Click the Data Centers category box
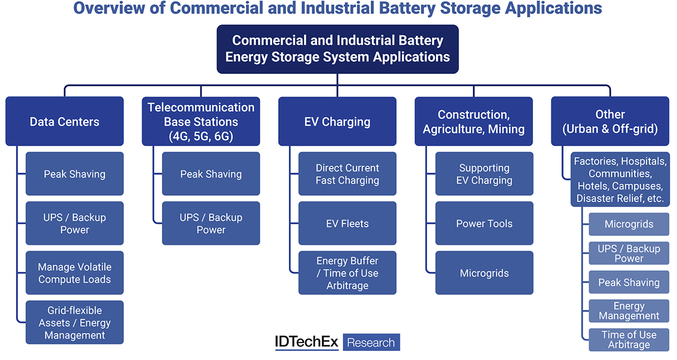[x=64, y=121]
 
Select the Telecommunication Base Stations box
[x=201, y=121]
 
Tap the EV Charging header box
[x=337, y=121]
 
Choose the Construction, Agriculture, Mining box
[x=474, y=121]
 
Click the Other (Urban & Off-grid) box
[x=610, y=121]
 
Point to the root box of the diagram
[x=337, y=49]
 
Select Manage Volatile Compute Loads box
[x=74, y=273]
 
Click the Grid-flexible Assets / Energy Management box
[x=74, y=323]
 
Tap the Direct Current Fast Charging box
[x=348, y=174]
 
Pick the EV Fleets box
[x=348, y=223]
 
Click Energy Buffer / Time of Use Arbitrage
[x=348, y=273]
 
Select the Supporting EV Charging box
[x=484, y=174]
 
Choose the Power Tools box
[x=484, y=223]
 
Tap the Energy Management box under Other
[x=629, y=311]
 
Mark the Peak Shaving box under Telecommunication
[x=211, y=174]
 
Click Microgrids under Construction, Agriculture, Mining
[x=484, y=273]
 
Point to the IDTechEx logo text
[x=306, y=342]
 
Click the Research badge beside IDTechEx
[x=371, y=343]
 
